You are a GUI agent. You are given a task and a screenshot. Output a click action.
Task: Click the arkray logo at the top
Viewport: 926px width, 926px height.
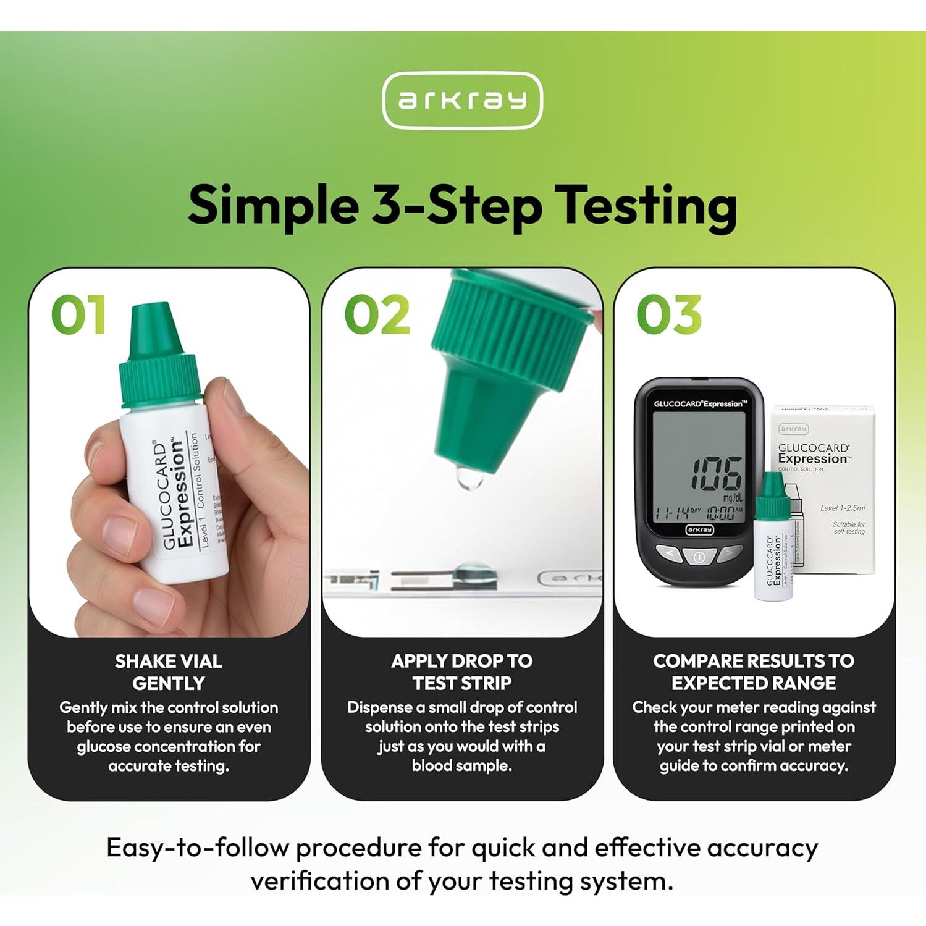click(x=462, y=100)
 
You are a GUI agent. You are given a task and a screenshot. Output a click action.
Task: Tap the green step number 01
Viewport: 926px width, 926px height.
click(x=78, y=314)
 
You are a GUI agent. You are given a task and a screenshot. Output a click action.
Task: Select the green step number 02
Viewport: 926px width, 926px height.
click(x=377, y=314)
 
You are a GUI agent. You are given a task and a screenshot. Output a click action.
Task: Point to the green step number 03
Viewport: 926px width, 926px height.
click(x=669, y=314)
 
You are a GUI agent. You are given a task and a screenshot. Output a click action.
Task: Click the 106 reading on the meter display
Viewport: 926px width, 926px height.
click(x=715, y=474)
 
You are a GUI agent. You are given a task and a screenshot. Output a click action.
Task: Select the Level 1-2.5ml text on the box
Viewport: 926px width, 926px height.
click(x=842, y=508)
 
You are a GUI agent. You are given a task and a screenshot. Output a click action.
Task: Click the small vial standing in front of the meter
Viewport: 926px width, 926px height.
click(x=773, y=544)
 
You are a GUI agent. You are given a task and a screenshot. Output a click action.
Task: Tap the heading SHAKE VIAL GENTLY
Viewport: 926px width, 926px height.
click(x=169, y=672)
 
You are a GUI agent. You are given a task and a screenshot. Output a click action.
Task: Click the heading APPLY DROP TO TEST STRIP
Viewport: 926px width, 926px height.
click(x=462, y=672)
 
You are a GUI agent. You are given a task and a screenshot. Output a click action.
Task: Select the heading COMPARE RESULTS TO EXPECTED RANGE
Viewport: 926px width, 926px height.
click(x=754, y=672)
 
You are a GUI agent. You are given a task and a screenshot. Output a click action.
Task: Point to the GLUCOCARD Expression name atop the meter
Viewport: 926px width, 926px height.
click(x=700, y=404)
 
